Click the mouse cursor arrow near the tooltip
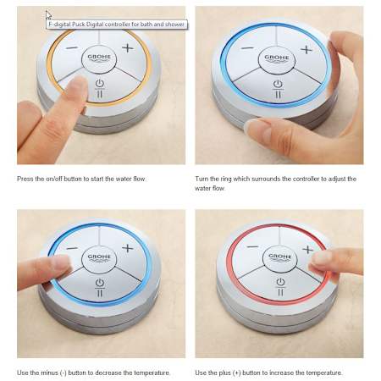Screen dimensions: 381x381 click(48, 15)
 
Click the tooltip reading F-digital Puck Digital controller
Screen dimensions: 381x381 click(117, 25)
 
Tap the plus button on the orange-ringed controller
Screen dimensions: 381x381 click(128, 47)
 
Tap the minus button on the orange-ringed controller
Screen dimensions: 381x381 click(72, 48)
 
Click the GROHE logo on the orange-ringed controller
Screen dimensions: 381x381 click(99, 58)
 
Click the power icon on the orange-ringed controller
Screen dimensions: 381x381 click(100, 84)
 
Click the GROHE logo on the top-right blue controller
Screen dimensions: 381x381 click(277, 58)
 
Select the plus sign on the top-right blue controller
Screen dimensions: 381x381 click(306, 50)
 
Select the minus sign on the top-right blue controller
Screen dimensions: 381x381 click(247, 48)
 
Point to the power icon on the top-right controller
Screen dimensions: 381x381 click(278, 84)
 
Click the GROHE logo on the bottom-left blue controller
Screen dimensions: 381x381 click(99, 257)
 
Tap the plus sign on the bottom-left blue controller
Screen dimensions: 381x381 click(128, 248)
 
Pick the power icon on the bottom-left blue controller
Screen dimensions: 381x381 click(100, 283)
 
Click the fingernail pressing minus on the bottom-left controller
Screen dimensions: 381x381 click(62, 262)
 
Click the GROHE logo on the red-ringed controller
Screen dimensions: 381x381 click(280, 257)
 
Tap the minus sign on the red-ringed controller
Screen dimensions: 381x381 click(252, 247)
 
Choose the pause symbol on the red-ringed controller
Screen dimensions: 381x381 click(280, 292)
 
